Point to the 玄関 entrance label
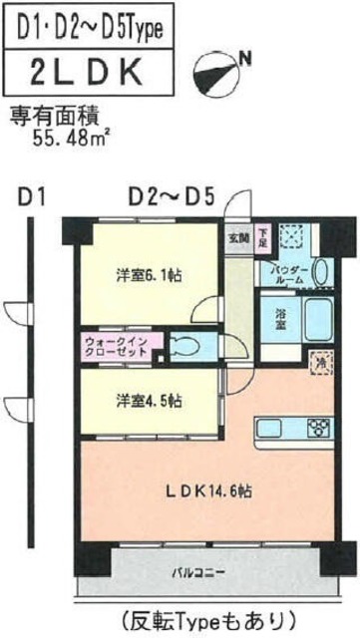pos(237,237)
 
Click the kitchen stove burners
pos(319,430)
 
